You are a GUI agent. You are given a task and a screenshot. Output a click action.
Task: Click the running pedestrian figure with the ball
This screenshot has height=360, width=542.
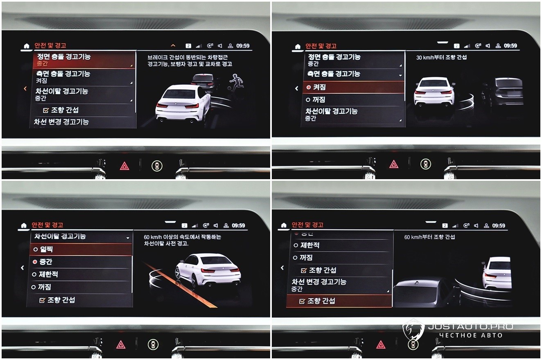point(236,83)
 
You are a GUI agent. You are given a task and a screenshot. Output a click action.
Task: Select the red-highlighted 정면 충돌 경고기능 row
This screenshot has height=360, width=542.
point(84,60)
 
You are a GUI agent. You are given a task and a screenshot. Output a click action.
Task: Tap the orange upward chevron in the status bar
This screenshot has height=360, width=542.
point(173,45)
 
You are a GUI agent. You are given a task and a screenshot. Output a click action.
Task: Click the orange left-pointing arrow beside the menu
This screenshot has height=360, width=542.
point(25,89)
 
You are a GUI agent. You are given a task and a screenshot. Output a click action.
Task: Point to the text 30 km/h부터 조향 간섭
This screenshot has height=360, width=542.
point(441,57)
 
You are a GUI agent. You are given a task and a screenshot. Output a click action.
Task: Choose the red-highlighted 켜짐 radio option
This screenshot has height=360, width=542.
point(353,87)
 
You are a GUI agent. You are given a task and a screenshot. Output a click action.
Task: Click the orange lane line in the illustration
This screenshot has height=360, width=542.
point(180,285)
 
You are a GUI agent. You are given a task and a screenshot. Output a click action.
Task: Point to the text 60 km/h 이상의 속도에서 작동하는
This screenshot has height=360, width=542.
point(183,237)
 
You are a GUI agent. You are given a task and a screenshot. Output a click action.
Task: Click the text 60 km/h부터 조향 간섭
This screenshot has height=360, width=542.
point(429,237)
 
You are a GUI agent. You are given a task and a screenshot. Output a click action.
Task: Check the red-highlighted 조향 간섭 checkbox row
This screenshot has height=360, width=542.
point(339,301)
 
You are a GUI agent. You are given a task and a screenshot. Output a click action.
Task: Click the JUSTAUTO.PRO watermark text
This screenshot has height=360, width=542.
point(471,326)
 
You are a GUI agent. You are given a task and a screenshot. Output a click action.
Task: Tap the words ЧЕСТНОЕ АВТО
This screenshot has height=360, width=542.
point(471,335)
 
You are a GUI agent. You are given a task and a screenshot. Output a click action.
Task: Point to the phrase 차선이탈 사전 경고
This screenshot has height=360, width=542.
point(166,243)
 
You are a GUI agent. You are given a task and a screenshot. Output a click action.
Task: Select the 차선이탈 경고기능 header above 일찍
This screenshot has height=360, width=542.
point(60,236)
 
